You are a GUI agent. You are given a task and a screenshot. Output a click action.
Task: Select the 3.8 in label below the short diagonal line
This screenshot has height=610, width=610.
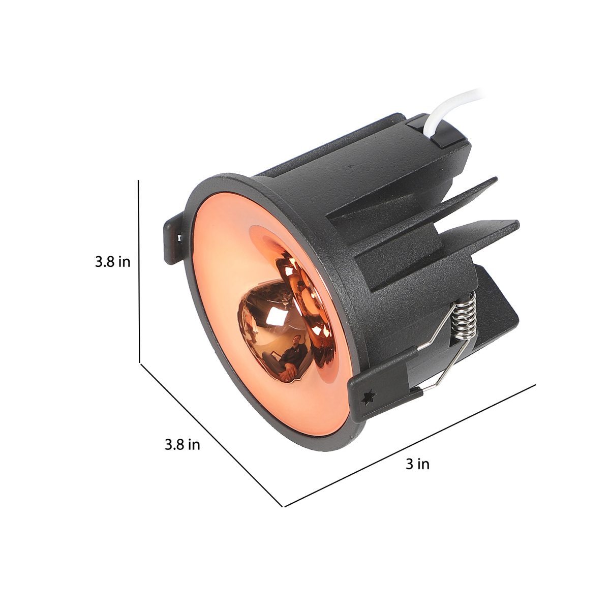(182, 444)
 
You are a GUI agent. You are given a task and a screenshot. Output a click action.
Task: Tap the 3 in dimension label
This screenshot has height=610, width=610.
(417, 464)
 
